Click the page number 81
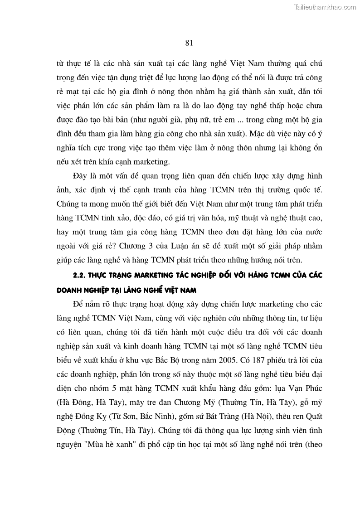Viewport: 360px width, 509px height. (x=190, y=43)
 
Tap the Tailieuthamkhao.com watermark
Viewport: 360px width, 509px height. (x=325, y=7)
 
